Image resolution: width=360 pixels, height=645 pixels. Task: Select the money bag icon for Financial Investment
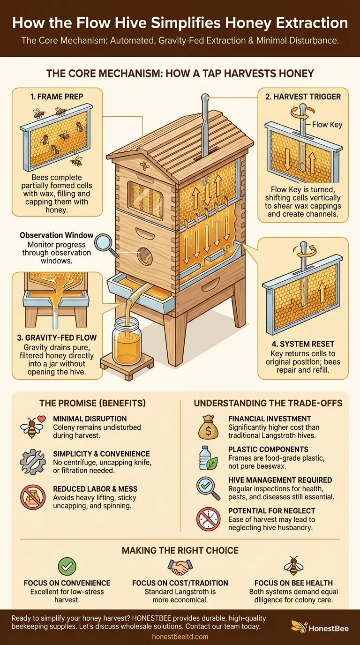coord(208,427)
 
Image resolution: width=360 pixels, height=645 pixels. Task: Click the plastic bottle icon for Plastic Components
coord(208,458)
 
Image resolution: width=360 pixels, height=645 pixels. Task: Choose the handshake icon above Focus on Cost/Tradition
coord(180,566)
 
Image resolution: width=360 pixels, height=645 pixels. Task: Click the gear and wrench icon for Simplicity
coord(33,463)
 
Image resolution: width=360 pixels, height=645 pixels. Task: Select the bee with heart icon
coord(32,427)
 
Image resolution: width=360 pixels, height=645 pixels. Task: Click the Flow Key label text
coord(327,125)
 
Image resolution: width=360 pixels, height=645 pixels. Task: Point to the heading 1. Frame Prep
coord(57,97)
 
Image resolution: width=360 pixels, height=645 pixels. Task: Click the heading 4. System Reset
coord(303,344)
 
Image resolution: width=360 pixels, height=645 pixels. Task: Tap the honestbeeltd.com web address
coord(180,637)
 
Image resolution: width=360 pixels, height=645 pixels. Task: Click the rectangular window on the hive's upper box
coord(145,197)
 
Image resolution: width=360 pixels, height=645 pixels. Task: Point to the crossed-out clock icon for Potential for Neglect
coord(208,519)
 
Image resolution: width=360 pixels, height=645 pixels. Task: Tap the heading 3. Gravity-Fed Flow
coord(57,337)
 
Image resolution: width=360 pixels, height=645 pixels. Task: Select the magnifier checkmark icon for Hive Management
coord(208,488)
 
